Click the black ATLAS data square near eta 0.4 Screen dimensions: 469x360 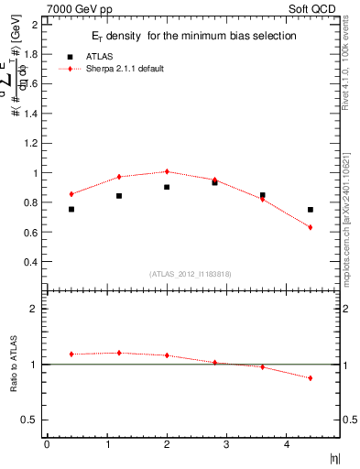[x=71, y=210]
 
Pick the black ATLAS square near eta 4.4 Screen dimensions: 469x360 [x=311, y=210]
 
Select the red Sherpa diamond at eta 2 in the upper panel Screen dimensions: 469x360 [x=167, y=171]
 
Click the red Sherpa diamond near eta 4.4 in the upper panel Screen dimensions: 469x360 [x=311, y=227]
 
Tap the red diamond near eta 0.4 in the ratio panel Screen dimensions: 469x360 [x=71, y=354]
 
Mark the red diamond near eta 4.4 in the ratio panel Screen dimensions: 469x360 [x=311, y=377]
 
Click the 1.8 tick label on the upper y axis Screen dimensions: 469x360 [x=32, y=54]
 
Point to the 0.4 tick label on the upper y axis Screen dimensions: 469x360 [x=32, y=262]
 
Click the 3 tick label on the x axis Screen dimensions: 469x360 [x=226, y=444]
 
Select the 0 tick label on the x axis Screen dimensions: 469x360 [x=47, y=444]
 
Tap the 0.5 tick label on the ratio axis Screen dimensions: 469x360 [x=32, y=420]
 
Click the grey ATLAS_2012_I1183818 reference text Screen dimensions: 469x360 [x=190, y=273]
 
